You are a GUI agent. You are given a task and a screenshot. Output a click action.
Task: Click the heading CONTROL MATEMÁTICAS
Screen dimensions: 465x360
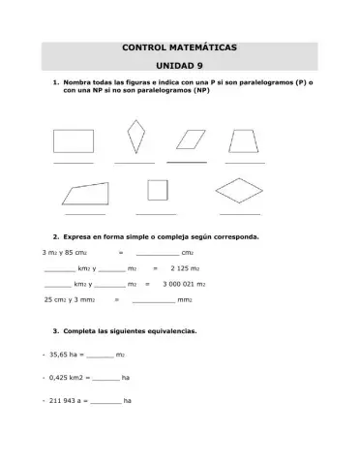179,46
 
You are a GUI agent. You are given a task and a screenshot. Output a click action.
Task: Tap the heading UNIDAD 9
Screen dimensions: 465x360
179,67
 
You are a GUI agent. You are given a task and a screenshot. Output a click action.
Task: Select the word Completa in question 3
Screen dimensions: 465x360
82,331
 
